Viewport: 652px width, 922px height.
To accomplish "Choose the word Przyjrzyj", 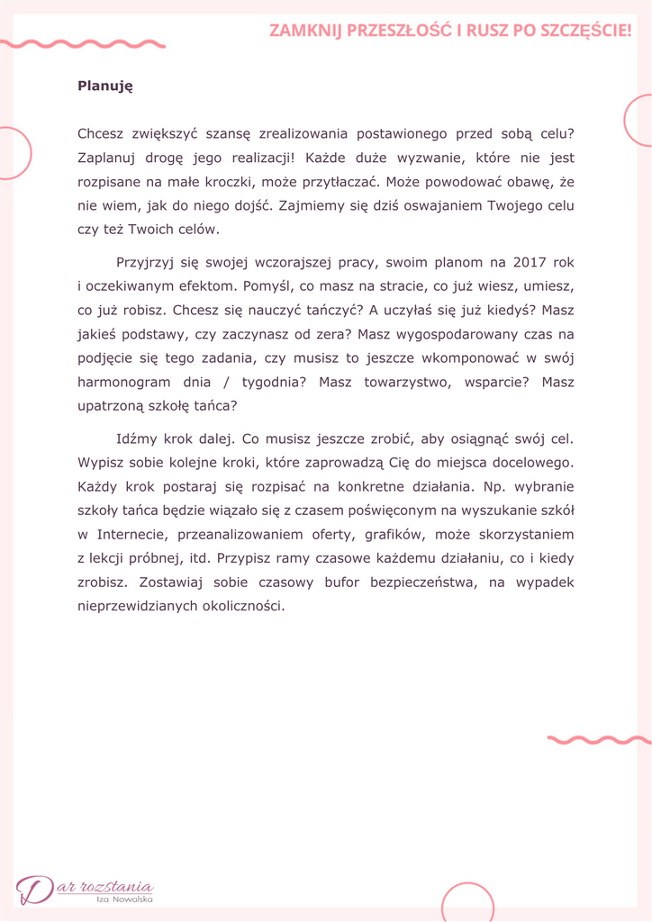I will (x=147, y=263).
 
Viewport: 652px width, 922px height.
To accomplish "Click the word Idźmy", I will (x=136, y=440).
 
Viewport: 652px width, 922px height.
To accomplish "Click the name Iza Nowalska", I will (x=125, y=899).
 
